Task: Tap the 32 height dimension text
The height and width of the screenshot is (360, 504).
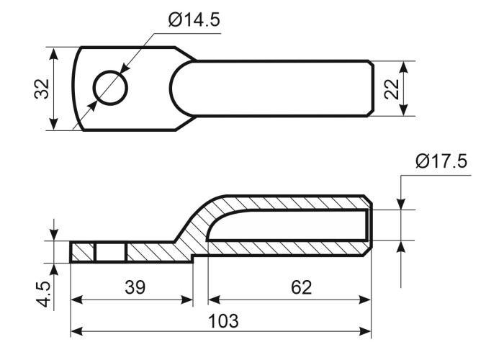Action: pos(42,89)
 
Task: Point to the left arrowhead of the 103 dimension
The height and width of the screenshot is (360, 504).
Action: pos(75,331)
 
